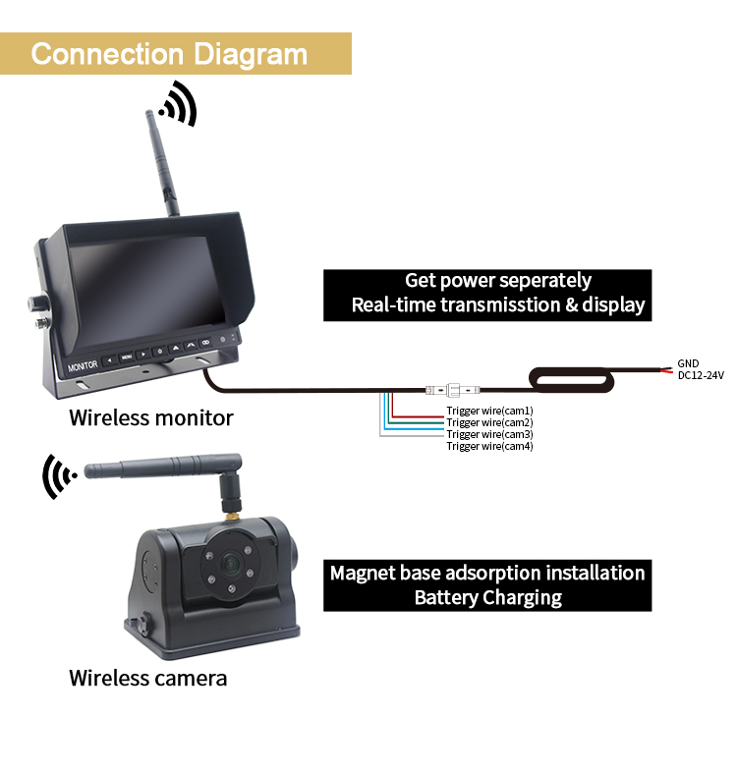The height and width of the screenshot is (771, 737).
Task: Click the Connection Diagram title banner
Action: coord(176,54)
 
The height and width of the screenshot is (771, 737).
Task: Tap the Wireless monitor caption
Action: coord(151,418)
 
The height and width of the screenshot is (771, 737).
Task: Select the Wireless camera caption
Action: coord(148,678)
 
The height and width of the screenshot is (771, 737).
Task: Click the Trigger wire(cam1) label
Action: coord(489,411)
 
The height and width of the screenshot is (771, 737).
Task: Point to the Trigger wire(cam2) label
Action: coord(489,422)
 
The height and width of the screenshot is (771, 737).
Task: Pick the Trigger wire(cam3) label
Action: coord(489,434)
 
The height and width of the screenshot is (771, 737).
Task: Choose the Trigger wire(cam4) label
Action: coord(489,446)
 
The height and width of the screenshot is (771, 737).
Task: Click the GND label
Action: coord(688,363)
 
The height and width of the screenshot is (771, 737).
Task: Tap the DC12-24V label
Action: coord(701,375)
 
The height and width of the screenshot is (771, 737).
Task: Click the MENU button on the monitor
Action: coord(127,357)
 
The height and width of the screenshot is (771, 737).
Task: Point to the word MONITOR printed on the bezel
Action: coord(83,365)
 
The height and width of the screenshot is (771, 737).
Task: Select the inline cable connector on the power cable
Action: coord(453,391)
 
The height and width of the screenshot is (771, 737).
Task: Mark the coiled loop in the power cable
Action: coord(571,380)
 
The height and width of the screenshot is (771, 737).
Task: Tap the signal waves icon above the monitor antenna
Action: coord(178,105)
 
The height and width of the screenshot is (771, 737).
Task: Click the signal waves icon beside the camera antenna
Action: coord(59,476)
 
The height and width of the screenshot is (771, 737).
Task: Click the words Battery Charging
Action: coord(488,598)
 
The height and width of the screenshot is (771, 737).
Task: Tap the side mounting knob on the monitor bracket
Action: coord(39,303)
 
